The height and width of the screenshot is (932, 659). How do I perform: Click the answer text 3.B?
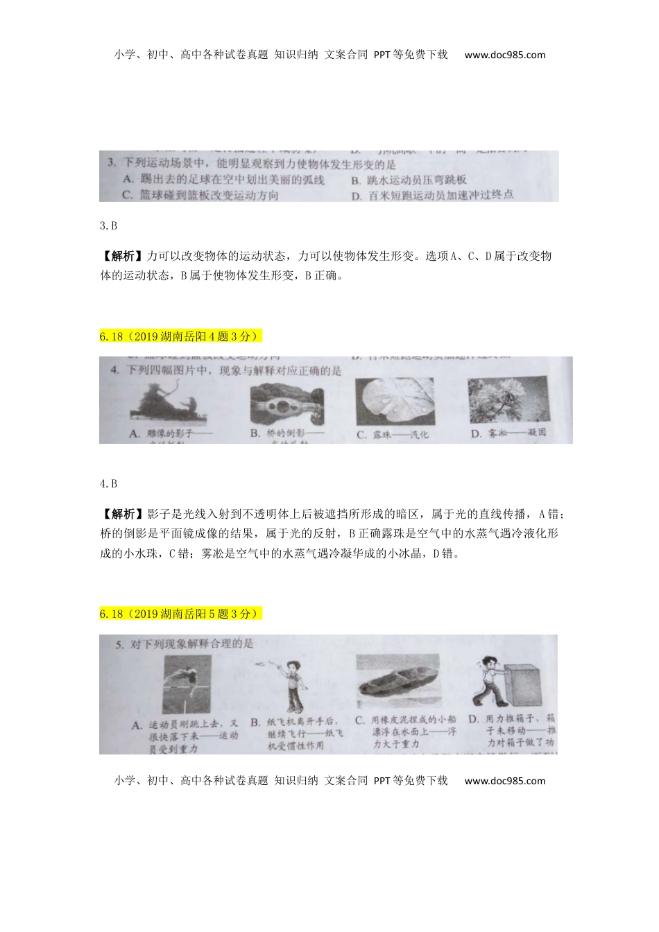click(x=108, y=225)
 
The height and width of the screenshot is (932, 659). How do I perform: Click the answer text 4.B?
click(x=108, y=483)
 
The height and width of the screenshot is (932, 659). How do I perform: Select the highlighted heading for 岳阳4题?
click(x=181, y=336)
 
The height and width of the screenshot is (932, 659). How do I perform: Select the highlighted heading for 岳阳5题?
click(x=181, y=614)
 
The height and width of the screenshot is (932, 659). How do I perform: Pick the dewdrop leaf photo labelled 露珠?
click(x=394, y=402)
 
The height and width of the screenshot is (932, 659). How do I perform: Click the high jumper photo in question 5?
click(x=187, y=683)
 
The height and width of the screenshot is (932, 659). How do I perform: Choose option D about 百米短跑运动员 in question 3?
click(x=431, y=195)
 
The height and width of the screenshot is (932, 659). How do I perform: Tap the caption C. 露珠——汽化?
click(x=393, y=435)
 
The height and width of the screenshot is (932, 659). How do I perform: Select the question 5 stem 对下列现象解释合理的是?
click(x=184, y=644)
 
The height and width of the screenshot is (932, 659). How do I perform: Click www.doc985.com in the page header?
click(x=504, y=55)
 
